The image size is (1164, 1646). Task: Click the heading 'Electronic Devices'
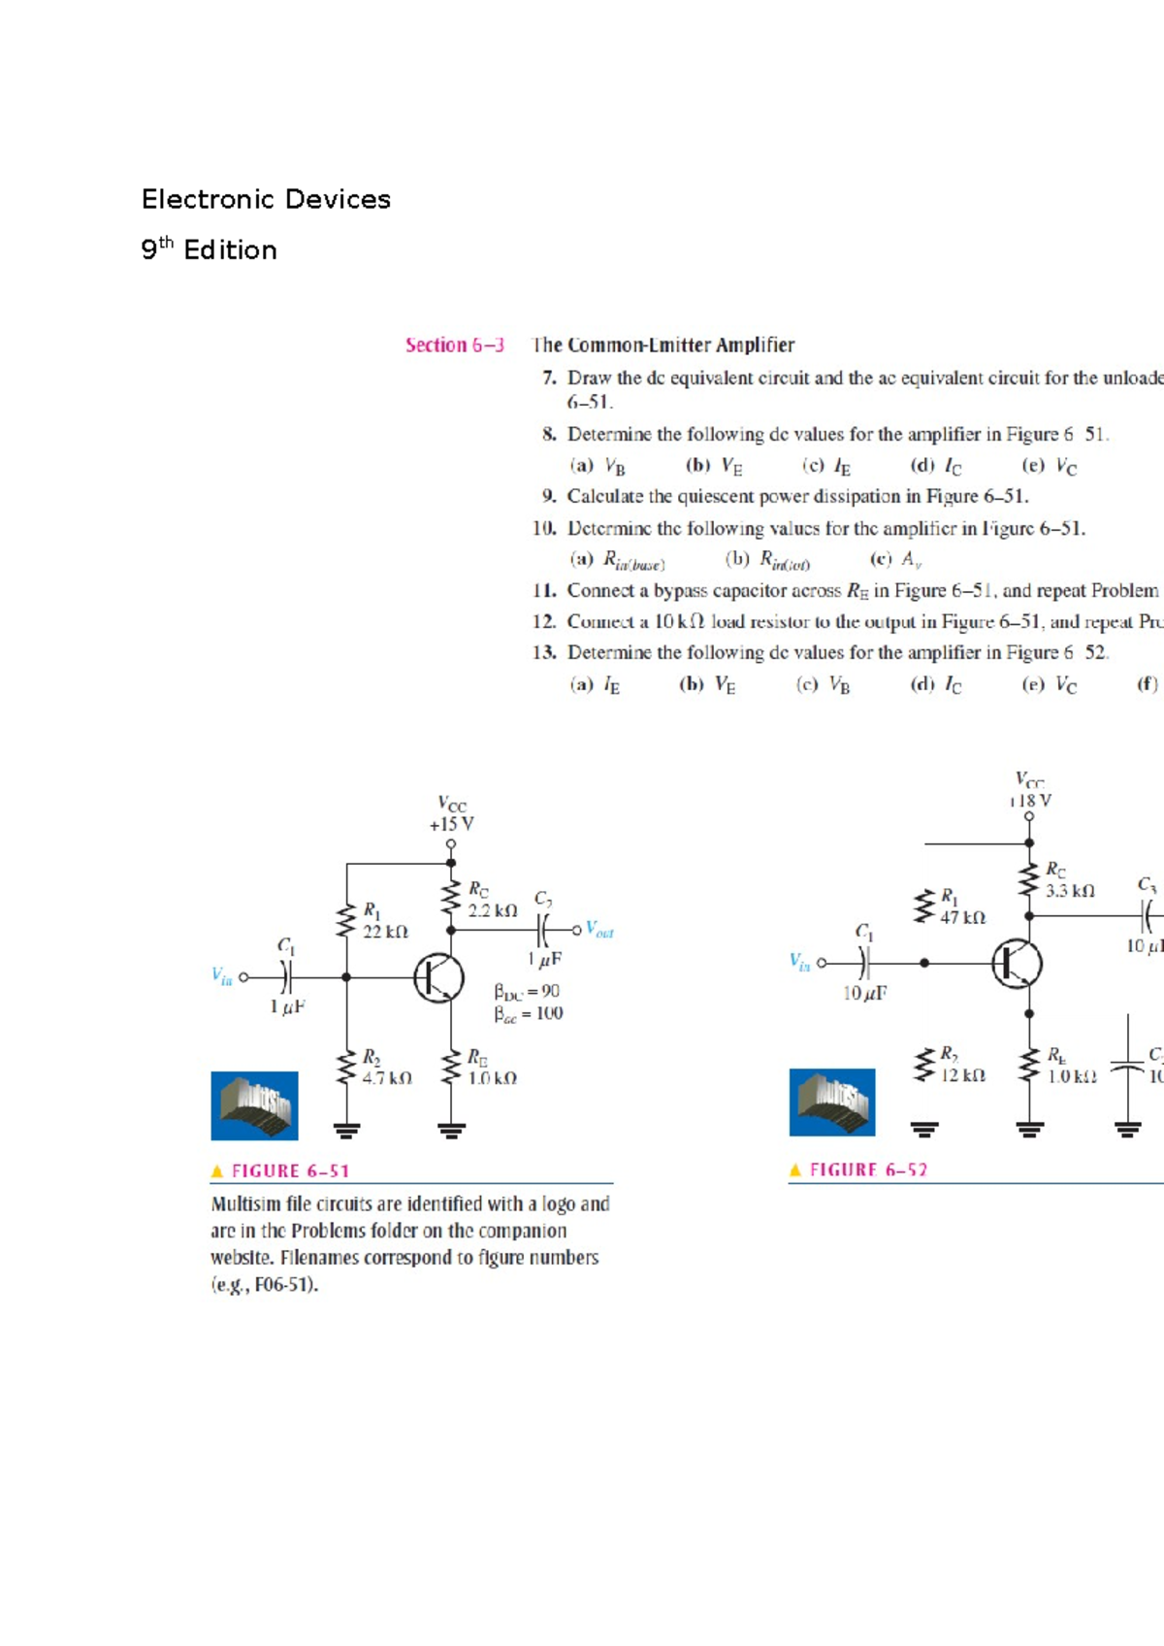point(266,200)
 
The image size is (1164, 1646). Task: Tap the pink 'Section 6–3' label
point(454,346)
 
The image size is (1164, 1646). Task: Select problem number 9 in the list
point(549,497)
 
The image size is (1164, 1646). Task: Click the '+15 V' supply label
point(451,824)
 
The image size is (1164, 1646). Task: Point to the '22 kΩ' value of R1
point(385,932)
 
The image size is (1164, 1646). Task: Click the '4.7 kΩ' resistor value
point(387,1078)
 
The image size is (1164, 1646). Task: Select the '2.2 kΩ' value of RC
point(493,911)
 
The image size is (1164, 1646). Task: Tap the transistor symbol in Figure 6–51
point(438,977)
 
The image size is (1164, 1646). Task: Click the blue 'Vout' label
point(599,930)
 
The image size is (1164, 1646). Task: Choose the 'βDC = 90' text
point(527,992)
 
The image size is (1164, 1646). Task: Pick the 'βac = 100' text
point(528,1014)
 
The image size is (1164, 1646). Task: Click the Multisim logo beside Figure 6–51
point(254,1105)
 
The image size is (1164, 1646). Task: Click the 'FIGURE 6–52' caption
point(868,1170)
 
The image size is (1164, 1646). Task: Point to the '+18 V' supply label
point(1029,801)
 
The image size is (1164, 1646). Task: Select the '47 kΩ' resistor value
point(962,918)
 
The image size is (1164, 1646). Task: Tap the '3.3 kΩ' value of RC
point(1070,891)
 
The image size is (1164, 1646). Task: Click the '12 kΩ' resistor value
point(963,1075)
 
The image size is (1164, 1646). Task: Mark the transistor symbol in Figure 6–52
point(1017,964)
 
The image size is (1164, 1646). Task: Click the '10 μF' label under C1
point(864,993)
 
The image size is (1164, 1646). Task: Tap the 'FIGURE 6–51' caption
point(290,1171)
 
